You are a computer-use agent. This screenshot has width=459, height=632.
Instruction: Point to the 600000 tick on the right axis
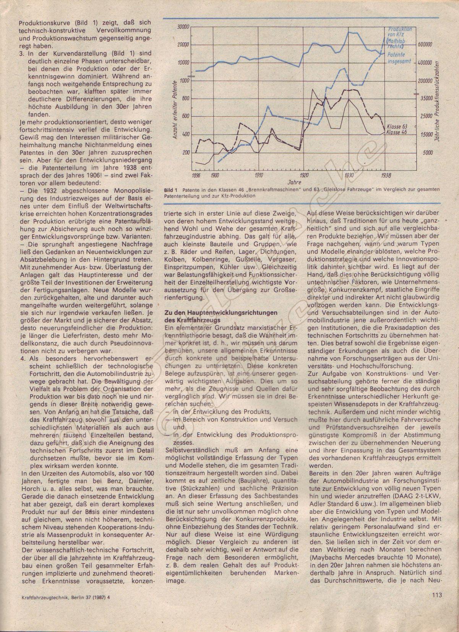pyautogui.click(x=425, y=44)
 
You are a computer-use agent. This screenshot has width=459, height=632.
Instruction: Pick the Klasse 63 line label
pyautogui.click(x=397, y=126)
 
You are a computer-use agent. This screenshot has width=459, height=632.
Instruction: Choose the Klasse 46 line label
pyautogui.click(x=397, y=132)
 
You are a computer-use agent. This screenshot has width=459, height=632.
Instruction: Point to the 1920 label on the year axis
pyautogui.click(x=304, y=175)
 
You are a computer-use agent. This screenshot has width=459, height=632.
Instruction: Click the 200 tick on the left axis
pyautogui.click(x=186, y=152)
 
